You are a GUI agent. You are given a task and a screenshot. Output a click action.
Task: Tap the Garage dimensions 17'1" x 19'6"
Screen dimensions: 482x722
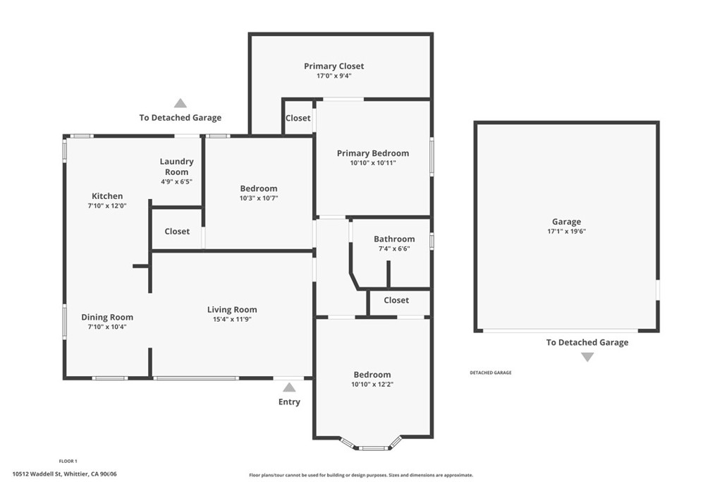(566, 231)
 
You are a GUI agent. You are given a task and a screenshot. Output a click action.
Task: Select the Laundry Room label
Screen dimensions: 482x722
(176, 167)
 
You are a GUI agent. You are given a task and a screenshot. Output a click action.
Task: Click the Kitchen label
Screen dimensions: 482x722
(107, 196)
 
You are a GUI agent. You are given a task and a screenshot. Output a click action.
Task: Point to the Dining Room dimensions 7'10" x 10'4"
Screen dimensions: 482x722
(107, 327)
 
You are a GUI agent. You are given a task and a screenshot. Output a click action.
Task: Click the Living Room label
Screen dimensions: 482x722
(232, 310)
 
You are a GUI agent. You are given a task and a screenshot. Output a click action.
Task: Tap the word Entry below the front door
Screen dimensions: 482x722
(289, 402)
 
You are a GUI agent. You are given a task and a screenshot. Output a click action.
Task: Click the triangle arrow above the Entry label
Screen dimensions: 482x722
(289, 387)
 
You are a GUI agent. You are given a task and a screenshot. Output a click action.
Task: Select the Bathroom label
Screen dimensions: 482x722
(394, 239)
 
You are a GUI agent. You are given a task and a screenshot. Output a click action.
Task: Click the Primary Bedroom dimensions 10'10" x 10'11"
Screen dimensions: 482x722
(372, 163)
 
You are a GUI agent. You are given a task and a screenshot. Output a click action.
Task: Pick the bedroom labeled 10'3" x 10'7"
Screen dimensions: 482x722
(259, 188)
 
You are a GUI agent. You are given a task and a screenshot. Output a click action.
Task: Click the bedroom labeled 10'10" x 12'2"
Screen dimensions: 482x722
(372, 375)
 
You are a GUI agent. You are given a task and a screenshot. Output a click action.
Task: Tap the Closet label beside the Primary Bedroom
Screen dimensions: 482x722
(298, 119)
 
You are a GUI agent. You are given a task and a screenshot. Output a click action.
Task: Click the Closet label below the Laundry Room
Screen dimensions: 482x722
(177, 231)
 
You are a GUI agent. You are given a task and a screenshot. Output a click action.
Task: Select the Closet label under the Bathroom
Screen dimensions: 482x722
(396, 301)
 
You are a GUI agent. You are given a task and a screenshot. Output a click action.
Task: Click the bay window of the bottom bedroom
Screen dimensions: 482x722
(372, 447)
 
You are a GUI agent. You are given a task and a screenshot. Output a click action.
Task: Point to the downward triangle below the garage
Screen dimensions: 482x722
(587, 357)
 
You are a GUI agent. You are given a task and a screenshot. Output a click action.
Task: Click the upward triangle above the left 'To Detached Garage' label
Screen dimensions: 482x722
(180, 103)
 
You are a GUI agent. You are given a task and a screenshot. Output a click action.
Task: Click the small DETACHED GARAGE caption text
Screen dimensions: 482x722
(491, 373)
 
